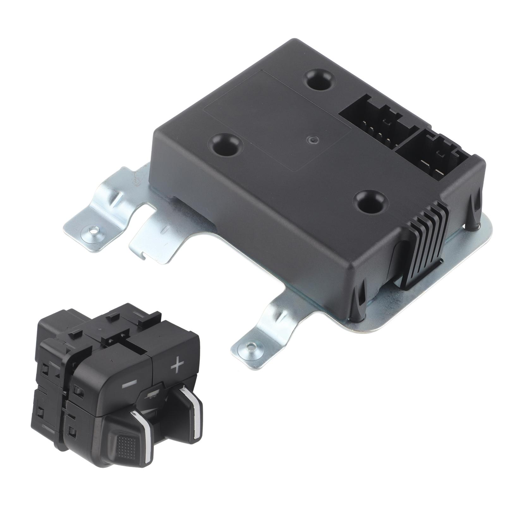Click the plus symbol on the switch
[x=177, y=366]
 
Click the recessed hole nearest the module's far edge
[x=320, y=79]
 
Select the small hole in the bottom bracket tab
[x=250, y=347]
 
